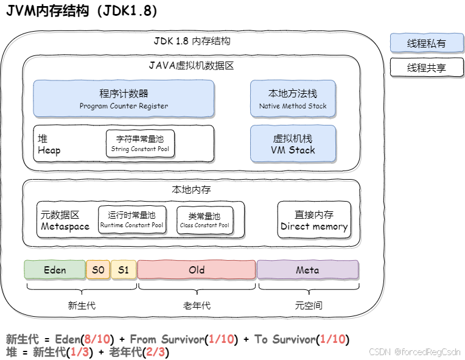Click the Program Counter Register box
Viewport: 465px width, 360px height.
(x=124, y=98)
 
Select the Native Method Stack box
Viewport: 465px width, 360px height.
(x=293, y=98)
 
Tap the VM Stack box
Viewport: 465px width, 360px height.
(x=293, y=144)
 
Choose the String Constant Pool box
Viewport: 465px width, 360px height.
(x=140, y=144)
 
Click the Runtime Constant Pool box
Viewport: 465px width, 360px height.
(x=132, y=220)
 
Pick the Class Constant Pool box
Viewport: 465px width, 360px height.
(x=205, y=220)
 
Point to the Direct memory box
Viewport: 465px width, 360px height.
(x=314, y=220)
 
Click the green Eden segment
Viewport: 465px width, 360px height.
(x=55, y=269)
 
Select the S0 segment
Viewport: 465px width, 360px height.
(x=98, y=269)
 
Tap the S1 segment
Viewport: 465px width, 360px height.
(x=124, y=269)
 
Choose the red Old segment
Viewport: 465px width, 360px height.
(x=196, y=269)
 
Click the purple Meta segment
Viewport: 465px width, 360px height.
(x=307, y=269)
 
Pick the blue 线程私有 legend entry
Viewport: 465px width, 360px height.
(x=426, y=43)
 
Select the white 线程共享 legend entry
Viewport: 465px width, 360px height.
(x=426, y=68)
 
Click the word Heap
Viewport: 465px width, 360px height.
(x=49, y=150)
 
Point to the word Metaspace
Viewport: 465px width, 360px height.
(x=65, y=226)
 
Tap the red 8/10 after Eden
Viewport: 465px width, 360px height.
(x=97, y=339)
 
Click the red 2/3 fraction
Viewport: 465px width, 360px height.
(x=155, y=352)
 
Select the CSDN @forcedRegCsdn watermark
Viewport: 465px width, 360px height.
(x=414, y=351)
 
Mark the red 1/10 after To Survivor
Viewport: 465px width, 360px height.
(x=332, y=339)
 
